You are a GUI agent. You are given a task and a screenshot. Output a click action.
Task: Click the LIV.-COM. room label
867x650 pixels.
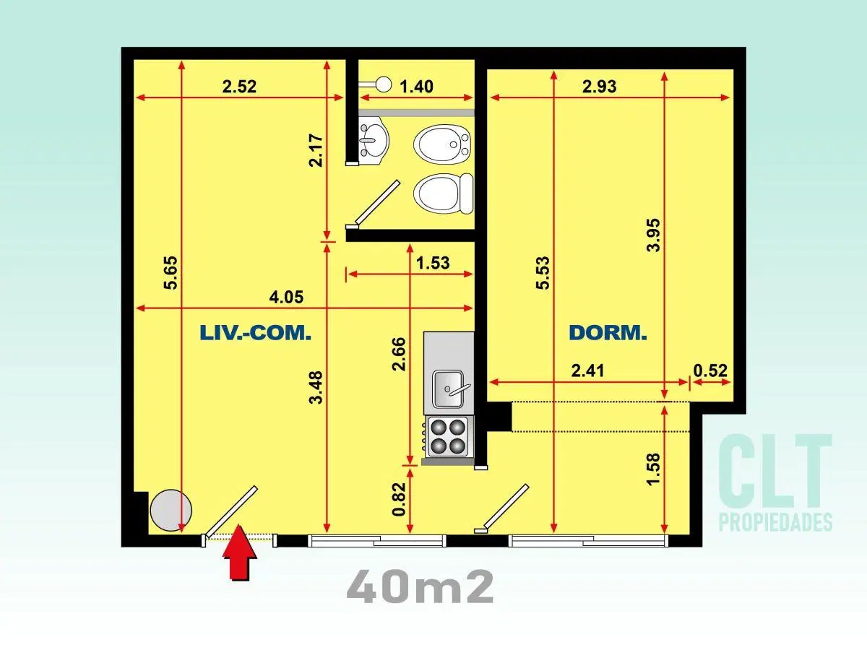point(256,333)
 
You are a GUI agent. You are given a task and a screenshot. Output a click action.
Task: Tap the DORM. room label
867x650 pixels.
point(608,333)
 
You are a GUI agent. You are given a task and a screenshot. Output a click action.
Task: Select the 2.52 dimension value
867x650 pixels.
point(239,87)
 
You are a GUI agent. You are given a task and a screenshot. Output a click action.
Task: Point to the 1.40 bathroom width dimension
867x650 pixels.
point(417,87)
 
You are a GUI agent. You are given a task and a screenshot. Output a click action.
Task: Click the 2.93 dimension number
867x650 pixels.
point(599,87)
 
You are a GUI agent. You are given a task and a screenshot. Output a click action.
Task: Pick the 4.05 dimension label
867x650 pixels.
point(286,297)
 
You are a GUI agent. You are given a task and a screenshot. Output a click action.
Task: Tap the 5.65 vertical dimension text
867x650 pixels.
point(171,273)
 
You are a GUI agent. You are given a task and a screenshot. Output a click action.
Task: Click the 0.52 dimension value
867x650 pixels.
point(710,370)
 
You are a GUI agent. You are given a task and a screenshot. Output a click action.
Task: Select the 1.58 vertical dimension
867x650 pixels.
point(653,469)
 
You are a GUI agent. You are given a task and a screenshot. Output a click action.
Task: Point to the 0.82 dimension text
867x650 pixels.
point(399,499)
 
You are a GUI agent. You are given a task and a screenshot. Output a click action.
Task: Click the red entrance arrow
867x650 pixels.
point(240,552)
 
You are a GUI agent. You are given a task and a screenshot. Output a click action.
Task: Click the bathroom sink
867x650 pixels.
point(374,139)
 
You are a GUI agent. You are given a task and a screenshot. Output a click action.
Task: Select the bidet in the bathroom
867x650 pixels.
point(442,144)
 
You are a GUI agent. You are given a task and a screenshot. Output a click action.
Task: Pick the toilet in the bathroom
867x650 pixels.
point(443,194)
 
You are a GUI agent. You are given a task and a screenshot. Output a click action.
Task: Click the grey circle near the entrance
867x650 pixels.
point(171,510)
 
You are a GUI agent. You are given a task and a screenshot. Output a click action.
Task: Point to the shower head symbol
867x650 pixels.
point(376,84)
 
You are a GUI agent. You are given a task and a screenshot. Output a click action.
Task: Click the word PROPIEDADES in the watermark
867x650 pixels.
point(776,521)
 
